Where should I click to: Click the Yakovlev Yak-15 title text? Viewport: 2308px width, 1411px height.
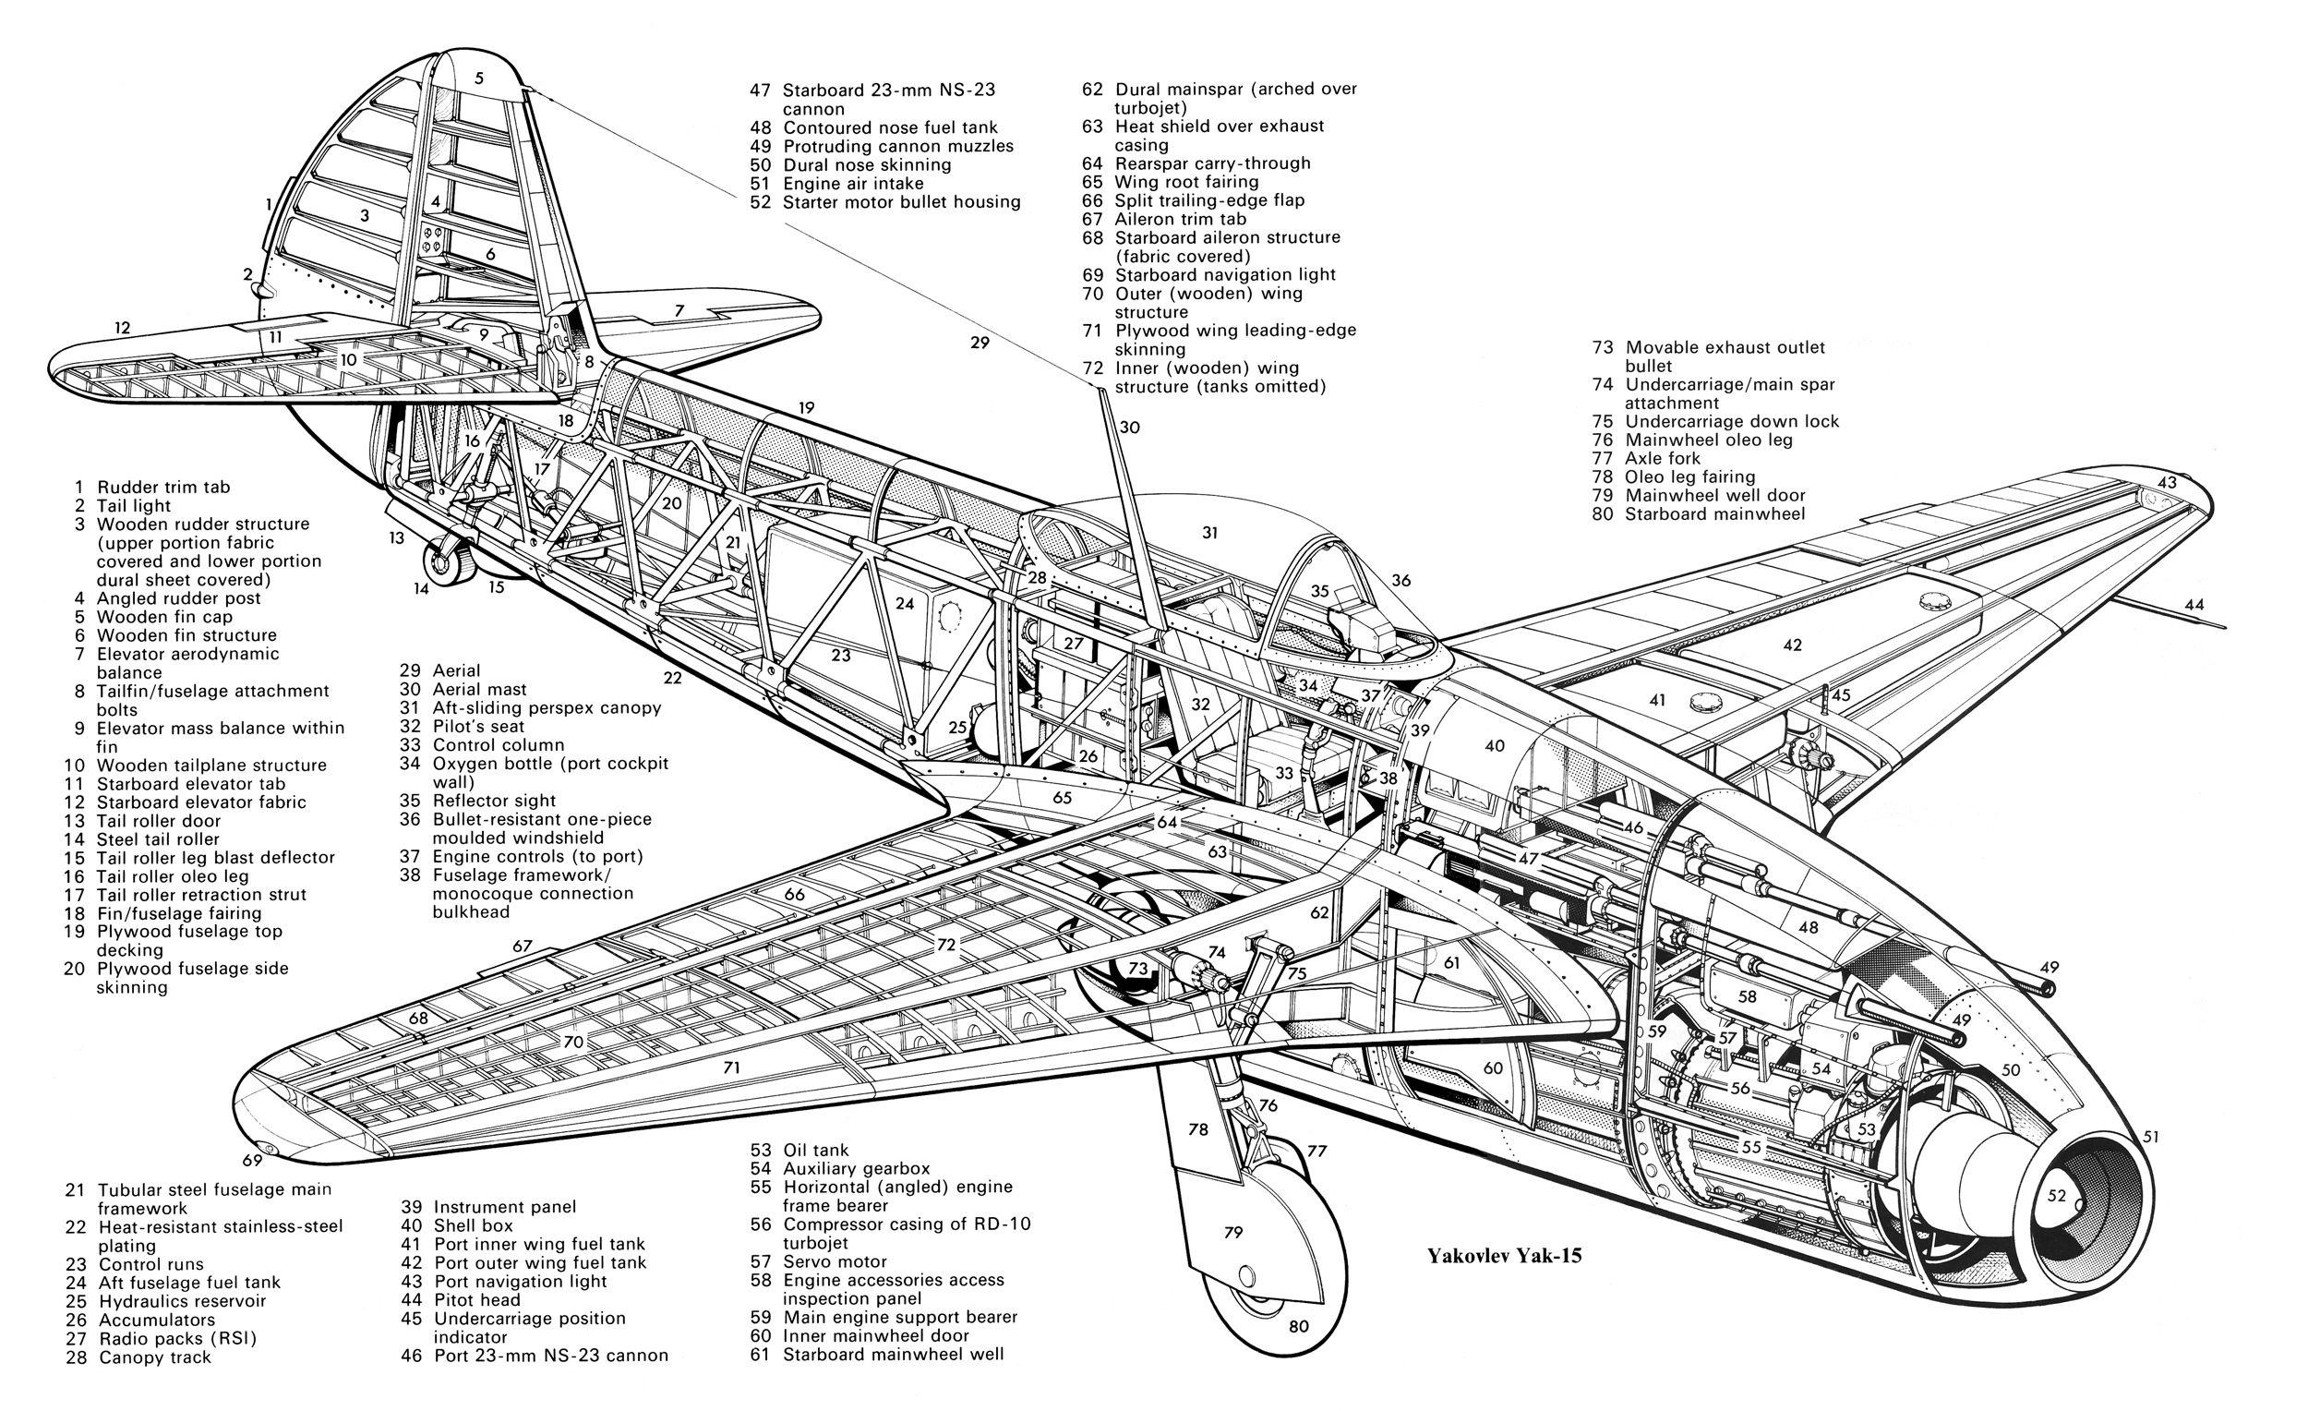coord(1504,1256)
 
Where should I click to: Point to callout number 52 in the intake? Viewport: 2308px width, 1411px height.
coord(2056,1196)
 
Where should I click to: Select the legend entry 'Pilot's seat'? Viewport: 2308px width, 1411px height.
coord(477,726)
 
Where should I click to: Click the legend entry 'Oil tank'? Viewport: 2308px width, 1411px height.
coord(815,1150)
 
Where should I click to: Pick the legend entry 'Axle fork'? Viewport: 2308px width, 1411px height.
coord(1663,458)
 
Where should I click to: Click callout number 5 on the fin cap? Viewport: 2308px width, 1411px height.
coord(478,78)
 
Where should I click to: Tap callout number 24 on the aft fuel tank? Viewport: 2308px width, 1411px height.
coord(904,603)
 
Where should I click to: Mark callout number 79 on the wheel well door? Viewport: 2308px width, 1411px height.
coord(1233,1232)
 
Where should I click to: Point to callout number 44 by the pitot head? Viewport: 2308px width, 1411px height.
coord(2194,605)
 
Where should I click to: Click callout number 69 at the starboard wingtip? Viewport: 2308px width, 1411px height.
coord(252,1161)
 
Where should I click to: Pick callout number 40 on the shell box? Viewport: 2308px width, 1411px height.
coord(1495,746)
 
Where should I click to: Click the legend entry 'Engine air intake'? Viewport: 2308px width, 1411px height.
coord(852,184)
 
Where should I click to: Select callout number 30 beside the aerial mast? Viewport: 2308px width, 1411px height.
coord(1130,428)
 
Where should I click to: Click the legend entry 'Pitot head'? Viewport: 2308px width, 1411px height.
coord(476,1299)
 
